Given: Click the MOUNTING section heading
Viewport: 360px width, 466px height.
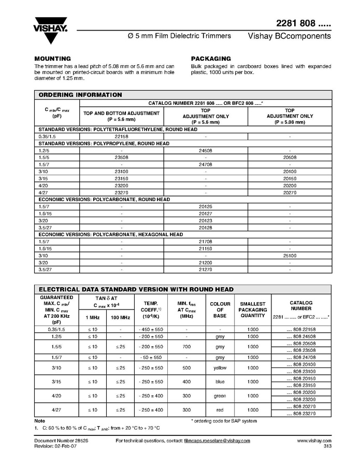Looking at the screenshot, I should click(52, 59).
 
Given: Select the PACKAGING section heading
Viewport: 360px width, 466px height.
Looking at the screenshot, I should click(211, 59).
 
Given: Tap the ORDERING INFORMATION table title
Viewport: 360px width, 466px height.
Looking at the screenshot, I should click(80, 95).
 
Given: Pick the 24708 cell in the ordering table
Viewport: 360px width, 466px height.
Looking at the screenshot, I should click(206, 164).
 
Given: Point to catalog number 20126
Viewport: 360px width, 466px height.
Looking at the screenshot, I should click(206, 206).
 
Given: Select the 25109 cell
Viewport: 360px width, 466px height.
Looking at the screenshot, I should click(290, 256).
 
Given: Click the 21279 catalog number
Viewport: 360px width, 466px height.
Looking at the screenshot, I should click(206, 270).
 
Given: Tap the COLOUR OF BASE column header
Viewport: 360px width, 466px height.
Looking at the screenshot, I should click(220, 310).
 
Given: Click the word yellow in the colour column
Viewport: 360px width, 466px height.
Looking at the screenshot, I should click(220, 368).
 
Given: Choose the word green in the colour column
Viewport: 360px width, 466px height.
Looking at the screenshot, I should click(220, 396).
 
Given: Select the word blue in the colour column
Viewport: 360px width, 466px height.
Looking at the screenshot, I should click(220, 382).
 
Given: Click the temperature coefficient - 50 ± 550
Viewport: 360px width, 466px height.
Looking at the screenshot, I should click(150, 357).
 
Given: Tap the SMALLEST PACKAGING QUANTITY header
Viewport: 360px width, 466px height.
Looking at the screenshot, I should click(252, 310).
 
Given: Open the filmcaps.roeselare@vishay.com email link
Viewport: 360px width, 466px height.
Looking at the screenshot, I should click(217, 441).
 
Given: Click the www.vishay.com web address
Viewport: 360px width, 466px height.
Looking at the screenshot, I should click(314, 441).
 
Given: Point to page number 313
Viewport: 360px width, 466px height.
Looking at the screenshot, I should click(327, 446).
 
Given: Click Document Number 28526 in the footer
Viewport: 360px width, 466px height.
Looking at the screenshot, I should click(61, 441).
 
